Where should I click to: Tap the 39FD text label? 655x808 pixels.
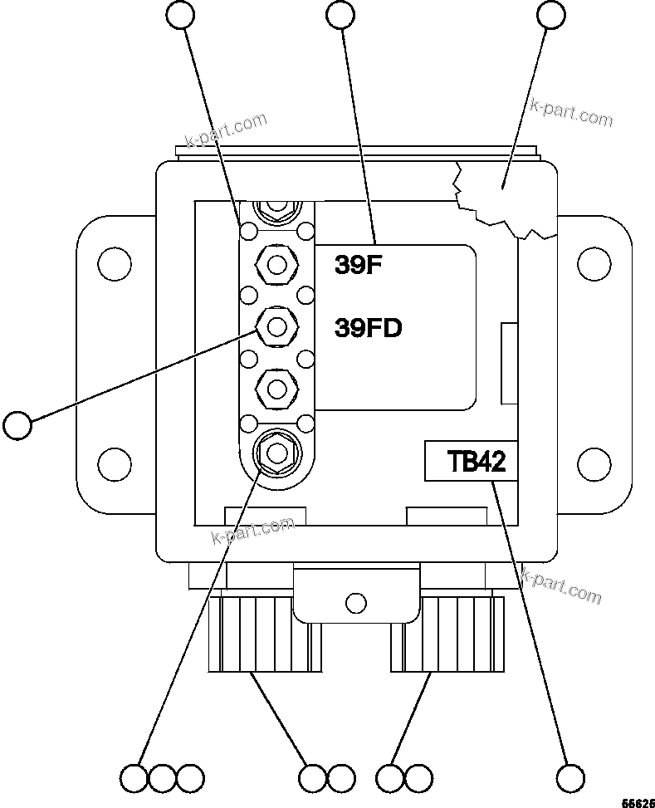(368, 329)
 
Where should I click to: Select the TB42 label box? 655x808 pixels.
(471, 461)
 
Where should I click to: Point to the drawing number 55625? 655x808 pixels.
(638, 802)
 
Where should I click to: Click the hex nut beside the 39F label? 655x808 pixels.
(276, 265)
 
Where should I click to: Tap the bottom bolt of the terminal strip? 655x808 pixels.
(276, 452)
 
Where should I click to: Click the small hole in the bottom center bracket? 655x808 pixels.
(355, 600)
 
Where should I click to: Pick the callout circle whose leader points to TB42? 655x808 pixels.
(570, 778)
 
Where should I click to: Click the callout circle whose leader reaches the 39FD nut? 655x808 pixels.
(17, 425)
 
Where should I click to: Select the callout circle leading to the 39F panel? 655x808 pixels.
(341, 14)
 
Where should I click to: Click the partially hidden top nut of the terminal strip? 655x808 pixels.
(276, 209)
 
